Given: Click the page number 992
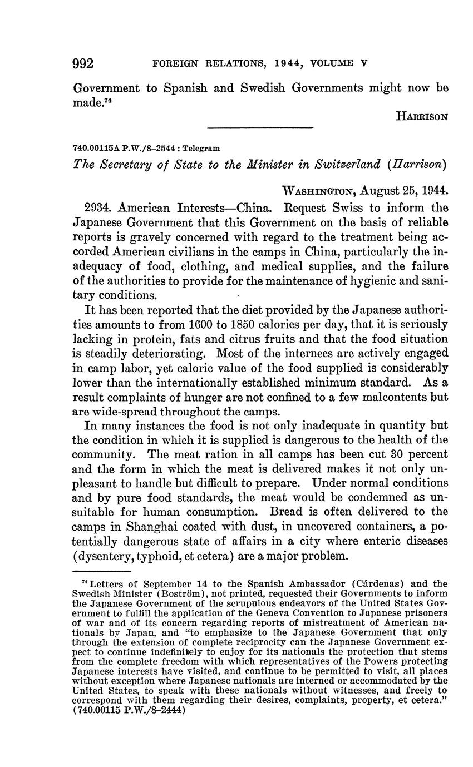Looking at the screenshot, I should tap(83, 63).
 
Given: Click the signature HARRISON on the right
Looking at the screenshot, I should tap(422, 117).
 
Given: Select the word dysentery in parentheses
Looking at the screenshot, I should tap(114, 556).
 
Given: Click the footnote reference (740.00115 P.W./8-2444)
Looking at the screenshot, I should tap(129, 710).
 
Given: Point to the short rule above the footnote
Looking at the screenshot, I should tap(101, 571).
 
